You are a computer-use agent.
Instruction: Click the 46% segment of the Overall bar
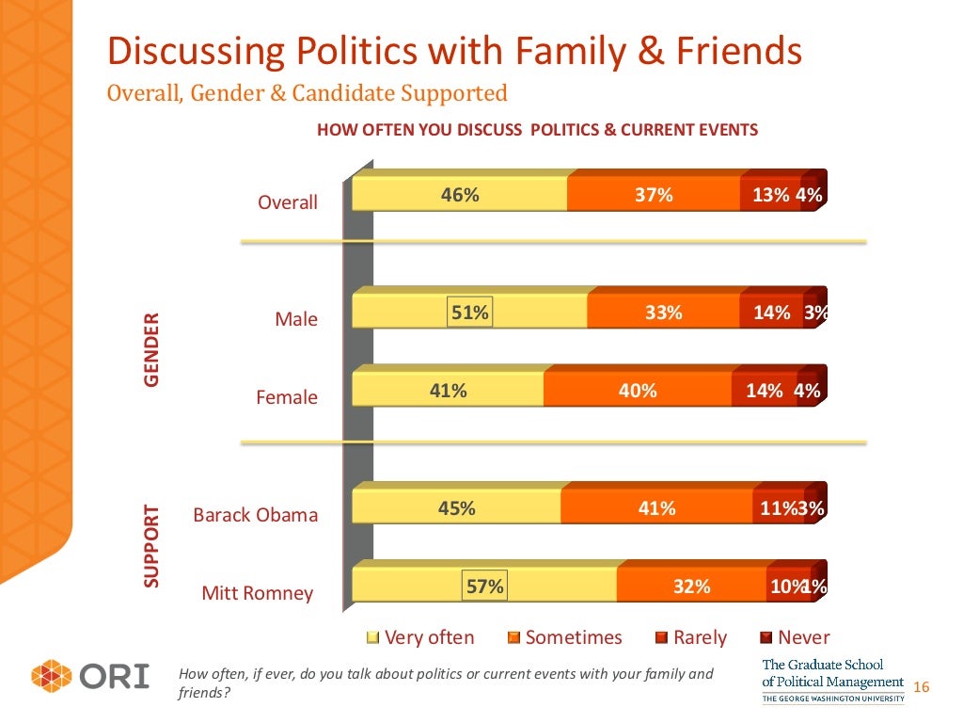(x=460, y=196)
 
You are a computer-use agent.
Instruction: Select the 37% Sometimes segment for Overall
(x=654, y=196)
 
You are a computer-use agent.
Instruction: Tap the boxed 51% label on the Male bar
(x=469, y=313)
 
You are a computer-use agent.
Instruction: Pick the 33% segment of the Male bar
(x=663, y=313)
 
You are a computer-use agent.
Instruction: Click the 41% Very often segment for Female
(x=448, y=391)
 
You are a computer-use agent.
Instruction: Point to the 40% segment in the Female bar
(x=638, y=391)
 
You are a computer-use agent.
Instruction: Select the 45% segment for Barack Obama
(x=456, y=508)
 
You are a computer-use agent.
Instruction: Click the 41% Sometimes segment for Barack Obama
(x=656, y=508)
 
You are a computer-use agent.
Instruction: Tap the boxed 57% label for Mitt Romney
(x=485, y=586)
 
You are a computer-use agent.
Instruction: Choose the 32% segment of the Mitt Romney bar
(x=691, y=586)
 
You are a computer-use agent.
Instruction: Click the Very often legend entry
(x=420, y=637)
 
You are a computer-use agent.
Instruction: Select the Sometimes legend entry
(x=564, y=637)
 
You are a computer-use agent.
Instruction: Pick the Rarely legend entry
(x=691, y=637)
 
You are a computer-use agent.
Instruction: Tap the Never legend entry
(x=795, y=637)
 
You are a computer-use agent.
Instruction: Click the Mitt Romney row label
(x=258, y=594)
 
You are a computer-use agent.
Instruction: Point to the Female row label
(x=287, y=398)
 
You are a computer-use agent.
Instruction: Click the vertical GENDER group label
(x=151, y=350)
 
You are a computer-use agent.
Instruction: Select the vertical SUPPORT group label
(x=151, y=547)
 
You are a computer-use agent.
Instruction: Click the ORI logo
(x=90, y=677)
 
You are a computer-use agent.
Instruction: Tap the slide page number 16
(x=921, y=687)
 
